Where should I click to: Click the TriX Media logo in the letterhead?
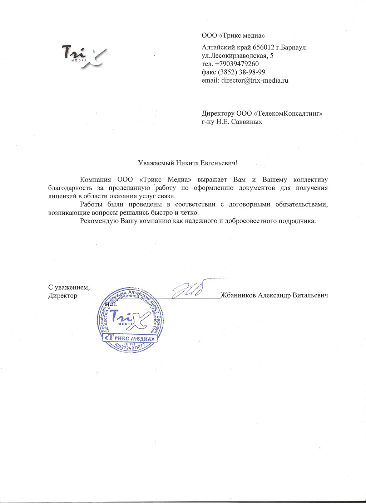click(x=83, y=55)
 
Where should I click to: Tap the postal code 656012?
click(x=264, y=47)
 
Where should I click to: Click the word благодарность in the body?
click(x=70, y=188)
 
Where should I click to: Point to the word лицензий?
click(x=61, y=196)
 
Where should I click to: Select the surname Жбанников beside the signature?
click(x=238, y=295)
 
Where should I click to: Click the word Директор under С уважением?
click(x=63, y=296)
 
